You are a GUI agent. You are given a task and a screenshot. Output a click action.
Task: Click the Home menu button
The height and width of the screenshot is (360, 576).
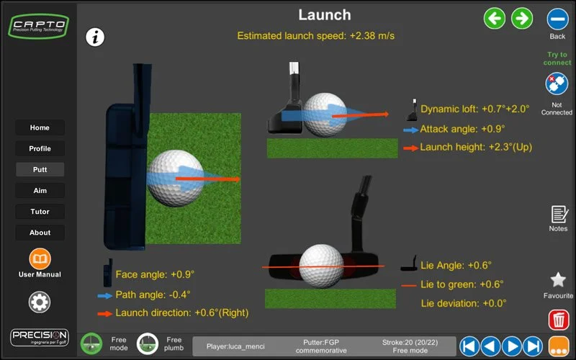click(40, 127)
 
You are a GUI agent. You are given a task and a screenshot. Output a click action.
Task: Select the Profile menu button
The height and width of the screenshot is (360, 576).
click(40, 148)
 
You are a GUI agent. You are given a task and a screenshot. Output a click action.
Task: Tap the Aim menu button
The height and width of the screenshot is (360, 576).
click(40, 191)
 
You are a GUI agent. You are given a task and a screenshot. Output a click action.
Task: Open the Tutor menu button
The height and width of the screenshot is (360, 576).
click(40, 212)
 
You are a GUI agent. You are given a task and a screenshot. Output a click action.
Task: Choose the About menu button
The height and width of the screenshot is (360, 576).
click(40, 233)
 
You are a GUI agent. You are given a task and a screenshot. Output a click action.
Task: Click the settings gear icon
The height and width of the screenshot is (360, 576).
click(40, 302)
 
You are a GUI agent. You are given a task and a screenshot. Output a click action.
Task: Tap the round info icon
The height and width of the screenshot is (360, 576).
click(96, 37)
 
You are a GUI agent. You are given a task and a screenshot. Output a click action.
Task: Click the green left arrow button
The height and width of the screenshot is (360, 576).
click(495, 18)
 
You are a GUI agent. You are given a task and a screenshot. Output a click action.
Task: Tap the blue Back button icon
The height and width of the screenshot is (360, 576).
click(557, 19)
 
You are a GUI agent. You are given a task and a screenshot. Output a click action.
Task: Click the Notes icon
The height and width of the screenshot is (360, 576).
click(558, 214)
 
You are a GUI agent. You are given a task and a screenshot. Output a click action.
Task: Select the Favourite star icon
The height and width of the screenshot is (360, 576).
click(558, 280)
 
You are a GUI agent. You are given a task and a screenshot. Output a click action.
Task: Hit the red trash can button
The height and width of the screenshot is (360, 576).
click(558, 319)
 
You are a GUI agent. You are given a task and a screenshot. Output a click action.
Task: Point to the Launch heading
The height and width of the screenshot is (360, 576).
click(325, 14)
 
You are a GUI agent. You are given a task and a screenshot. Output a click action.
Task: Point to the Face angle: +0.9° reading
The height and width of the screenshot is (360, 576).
click(155, 274)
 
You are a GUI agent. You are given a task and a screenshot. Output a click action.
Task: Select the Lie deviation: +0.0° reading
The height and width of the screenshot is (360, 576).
click(464, 303)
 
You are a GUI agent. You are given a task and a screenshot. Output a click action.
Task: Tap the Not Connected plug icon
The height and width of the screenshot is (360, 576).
click(557, 85)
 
